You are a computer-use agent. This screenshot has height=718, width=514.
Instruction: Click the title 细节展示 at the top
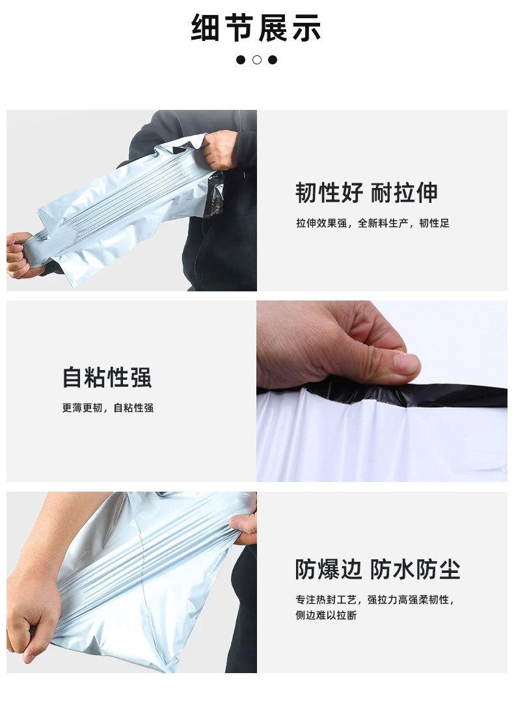[x=256, y=29]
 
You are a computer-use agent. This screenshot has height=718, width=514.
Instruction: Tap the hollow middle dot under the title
[x=257, y=60]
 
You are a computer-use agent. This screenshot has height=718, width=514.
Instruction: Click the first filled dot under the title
[x=241, y=60]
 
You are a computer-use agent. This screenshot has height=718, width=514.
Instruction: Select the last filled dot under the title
[x=273, y=60]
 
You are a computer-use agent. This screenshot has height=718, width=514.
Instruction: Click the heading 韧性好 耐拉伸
[x=366, y=193]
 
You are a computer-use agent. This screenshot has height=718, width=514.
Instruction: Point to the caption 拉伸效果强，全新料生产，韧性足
[x=372, y=223]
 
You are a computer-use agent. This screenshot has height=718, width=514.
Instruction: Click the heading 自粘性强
[x=107, y=377]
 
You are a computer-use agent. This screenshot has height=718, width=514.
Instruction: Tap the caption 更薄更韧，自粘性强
[x=108, y=408]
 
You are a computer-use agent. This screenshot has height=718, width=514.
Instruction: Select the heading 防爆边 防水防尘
[x=377, y=569]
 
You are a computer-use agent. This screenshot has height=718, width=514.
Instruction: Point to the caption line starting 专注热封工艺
[x=375, y=600]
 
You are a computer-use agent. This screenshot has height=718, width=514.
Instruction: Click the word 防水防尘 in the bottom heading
[x=415, y=569]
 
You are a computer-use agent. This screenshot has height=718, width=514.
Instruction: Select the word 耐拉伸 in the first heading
[x=404, y=193]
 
